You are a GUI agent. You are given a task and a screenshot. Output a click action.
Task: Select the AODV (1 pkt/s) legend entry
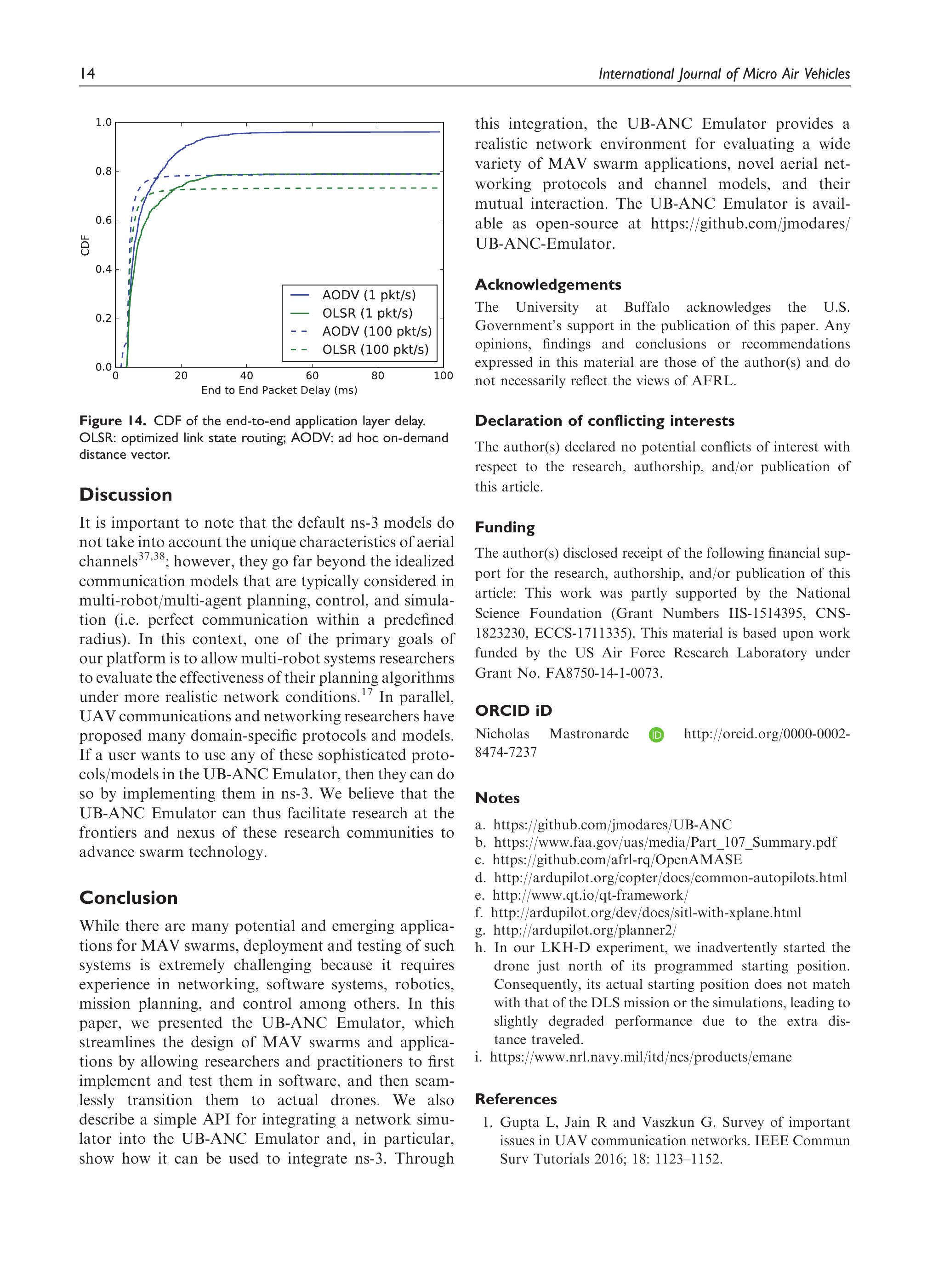coord(368,295)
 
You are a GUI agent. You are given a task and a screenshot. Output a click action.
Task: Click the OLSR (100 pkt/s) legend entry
coord(375,349)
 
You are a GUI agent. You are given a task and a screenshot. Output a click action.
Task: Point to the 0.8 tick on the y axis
coord(104,171)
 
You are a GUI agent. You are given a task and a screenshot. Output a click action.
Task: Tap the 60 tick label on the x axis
coord(312,376)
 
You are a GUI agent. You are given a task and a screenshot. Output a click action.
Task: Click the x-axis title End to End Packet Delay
coord(279,390)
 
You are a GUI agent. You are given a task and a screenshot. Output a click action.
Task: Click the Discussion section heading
coord(125,494)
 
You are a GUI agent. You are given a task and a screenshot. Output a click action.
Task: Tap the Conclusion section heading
coord(128,897)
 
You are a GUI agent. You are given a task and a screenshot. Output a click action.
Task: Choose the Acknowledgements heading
coord(547,285)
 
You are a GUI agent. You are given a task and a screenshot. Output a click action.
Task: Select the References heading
coord(515,1099)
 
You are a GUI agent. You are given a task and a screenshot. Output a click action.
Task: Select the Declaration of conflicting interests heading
coord(604,421)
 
